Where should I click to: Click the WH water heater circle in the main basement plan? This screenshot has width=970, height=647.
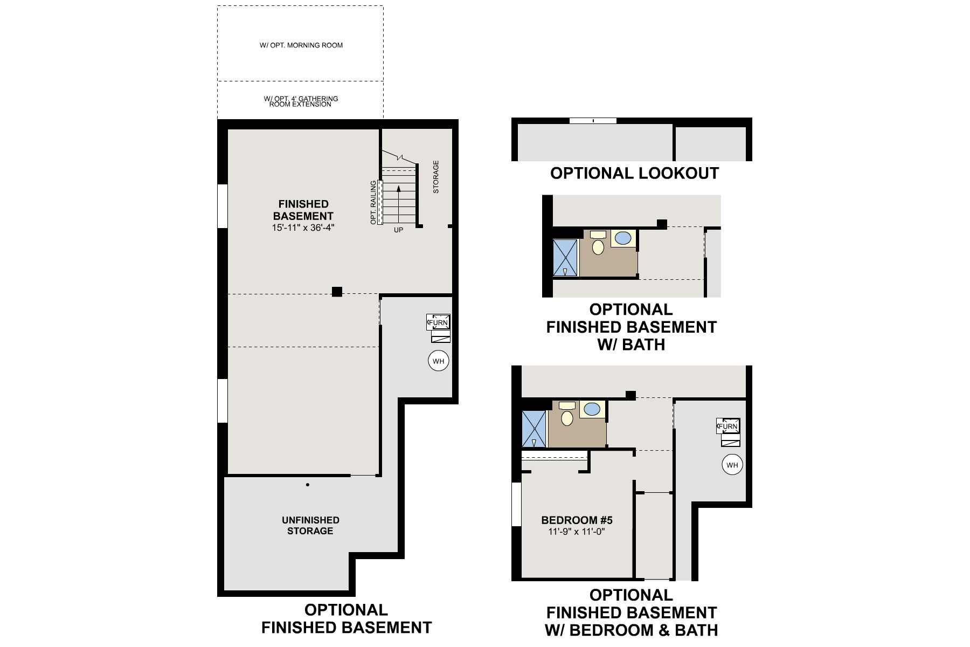(x=438, y=361)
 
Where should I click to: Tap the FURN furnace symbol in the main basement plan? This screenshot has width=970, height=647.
(x=438, y=322)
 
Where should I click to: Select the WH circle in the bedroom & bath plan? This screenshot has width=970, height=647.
(x=732, y=465)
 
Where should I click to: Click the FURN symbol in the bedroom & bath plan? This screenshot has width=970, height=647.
(x=727, y=426)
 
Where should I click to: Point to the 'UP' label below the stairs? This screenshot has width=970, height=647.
(x=398, y=230)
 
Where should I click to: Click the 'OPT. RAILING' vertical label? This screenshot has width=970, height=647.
(x=373, y=203)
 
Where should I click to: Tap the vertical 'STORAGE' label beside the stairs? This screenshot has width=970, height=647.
(x=436, y=177)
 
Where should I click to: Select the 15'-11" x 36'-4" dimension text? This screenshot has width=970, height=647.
(x=303, y=228)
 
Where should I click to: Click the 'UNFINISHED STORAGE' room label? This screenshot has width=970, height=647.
(x=310, y=526)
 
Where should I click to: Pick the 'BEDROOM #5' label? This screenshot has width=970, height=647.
(x=577, y=520)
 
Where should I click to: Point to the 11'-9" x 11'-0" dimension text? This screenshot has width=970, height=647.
(x=577, y=531)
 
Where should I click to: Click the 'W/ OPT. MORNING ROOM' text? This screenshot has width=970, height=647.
(x=301, y=45)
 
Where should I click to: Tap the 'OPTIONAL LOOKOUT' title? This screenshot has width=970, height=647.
(x=634, y=173)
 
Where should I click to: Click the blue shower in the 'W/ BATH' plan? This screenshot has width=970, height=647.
(x=565, y=258)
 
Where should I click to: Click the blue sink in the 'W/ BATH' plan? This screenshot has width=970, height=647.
(x=623, y=238)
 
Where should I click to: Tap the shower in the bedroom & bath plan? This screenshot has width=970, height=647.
(x=533, y=429)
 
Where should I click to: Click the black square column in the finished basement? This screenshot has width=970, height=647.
(x=337, y=292)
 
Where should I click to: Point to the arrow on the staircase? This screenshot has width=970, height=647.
(x=398, y=204)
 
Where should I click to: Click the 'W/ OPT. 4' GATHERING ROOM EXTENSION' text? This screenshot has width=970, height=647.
(x=301, y=101)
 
